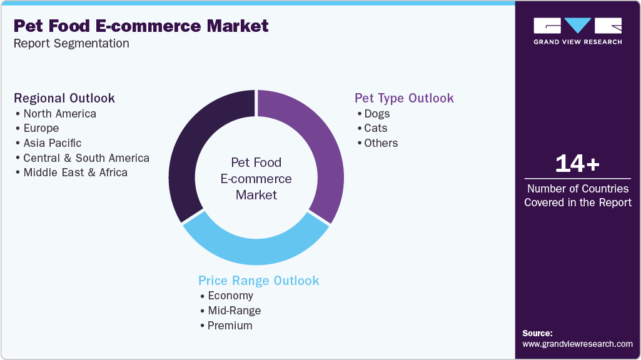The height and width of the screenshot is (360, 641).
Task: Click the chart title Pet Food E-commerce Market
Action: pyautogui.click(x=141, y=26)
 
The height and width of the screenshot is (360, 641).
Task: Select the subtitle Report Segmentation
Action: pyautogui.click(x=71, y=44)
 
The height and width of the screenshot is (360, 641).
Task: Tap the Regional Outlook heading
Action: pyautogui.click(x=64, y=98)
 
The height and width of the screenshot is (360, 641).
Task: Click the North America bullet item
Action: pyautogui.click(x=59, y=114)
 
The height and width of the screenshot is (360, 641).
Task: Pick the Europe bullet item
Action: pyautogui.click(x=41, y=128)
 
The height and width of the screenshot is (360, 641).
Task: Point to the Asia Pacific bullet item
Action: pyautogui.click(x=53, y=143)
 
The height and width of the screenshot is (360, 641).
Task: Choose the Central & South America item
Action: pyautogui.click(x=86, y=158)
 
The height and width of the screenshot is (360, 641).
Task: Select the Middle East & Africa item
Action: pyautogui.click(x=75, y=172)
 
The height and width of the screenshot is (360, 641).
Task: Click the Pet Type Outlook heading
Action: pyautogui.click(x=404, y=98)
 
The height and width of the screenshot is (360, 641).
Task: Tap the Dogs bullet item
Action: pyautogui.click(x=377, y=114)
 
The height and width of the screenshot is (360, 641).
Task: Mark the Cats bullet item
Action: pyautogui.click(x=376, y=128)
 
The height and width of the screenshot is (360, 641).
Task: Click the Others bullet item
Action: pyautogui.click(x=381, y=143)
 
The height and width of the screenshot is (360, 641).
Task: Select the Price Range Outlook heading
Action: pyautogui.click(x=259, y=281)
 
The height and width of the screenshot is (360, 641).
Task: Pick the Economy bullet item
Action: pyautogui.click(x=231, y=296)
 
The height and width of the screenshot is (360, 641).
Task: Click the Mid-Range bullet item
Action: pyautogui.click(x=235, y=311)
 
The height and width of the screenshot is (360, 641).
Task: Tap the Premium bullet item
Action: pyautogui.click(x=230, y=326)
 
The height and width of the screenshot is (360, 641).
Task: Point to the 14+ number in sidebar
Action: pyautogui.click(x=577, y=164)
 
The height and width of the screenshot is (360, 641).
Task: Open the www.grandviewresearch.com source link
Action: pyautogui.click(x=577, y=344)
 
